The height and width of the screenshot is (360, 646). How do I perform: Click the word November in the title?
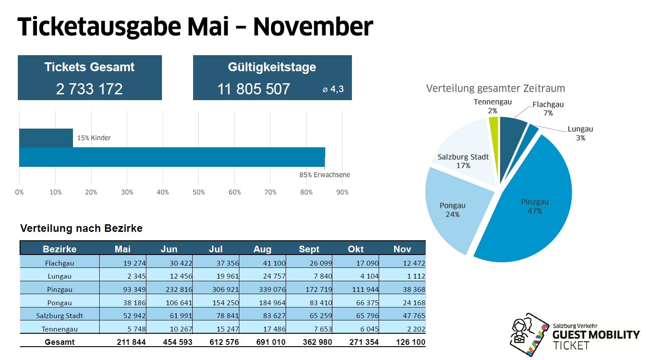(313, 27)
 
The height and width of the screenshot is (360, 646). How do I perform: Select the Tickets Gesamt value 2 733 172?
(89, 89)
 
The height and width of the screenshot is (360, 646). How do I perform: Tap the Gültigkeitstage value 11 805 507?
(254, 89)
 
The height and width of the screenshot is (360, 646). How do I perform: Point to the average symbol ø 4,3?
(333, 89)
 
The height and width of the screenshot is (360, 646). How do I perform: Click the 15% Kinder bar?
(46, 138)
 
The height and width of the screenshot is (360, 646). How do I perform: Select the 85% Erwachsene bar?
(172, 157)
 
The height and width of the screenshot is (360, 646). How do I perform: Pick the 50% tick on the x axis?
(199, 192)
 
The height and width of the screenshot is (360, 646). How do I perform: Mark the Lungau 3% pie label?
(580, 133)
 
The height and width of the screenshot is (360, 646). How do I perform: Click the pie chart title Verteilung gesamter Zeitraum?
(496, 88)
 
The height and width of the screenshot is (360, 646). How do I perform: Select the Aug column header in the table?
(262, 249)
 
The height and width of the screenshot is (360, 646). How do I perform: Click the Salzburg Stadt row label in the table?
(60, 316)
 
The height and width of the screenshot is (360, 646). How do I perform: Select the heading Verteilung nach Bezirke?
(81, 229)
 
